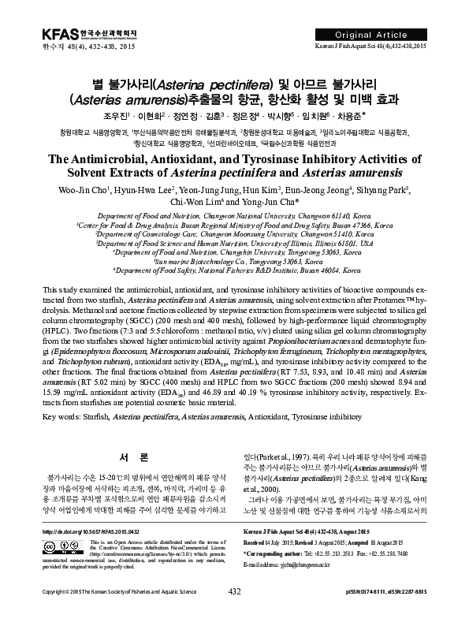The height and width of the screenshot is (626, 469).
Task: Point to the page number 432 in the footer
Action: coord(233,613)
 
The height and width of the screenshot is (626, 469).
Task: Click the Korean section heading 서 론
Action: coord(128,457)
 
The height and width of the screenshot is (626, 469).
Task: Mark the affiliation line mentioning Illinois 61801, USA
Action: coord(234,244)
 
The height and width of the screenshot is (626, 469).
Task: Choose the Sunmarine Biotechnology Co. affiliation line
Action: coord(234,259)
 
